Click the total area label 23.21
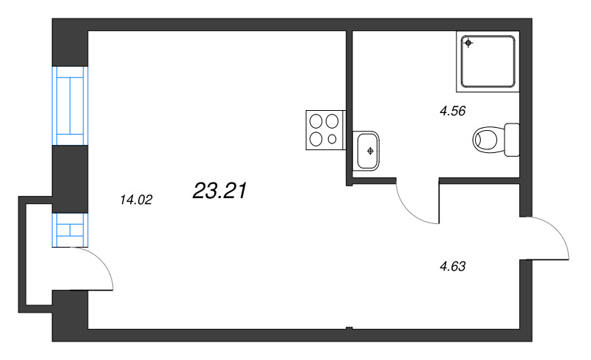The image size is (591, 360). pyautogui.click(x=219, y=191)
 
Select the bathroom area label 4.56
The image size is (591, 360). pyautogui.click(x=452, y=112)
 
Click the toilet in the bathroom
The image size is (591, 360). pyautogui.click(x=488, y=139)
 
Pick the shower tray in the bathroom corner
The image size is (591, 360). pyautogui.click(x=489, y=61)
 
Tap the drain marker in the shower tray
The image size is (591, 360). pyautogui.click(x=468, y=44)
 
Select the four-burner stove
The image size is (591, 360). pyautogui.click(x=325, y=129)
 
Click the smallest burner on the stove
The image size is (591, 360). pyautogui.click(x=332, y=138)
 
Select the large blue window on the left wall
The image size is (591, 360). pyautogui.click(x=70, y=105)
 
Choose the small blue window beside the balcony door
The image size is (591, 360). pyautogui.click(x=70, y=229)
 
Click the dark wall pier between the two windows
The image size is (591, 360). pyautogui.click(x=70, y=178)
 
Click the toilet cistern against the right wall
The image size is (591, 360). pyautogui.click(x=512, y=139)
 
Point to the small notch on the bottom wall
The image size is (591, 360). pyautogui.click(x=349, y=328)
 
